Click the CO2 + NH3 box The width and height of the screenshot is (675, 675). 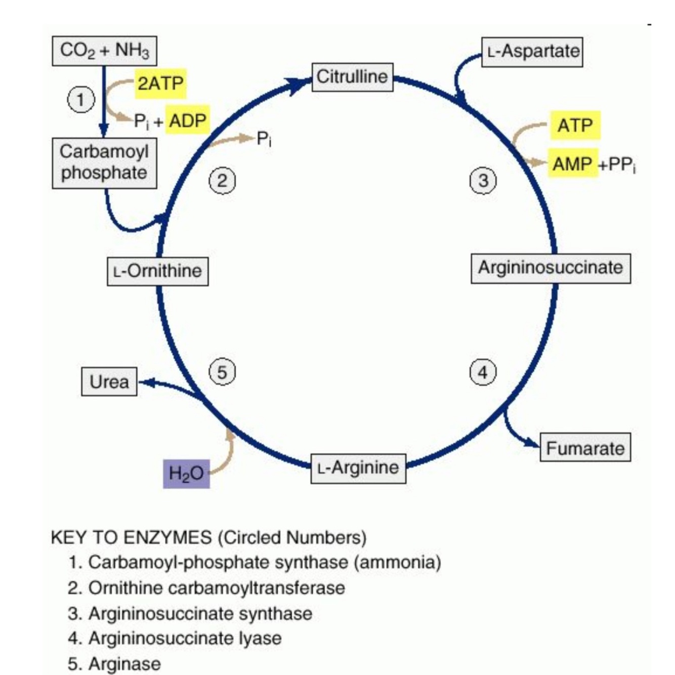point(104,51)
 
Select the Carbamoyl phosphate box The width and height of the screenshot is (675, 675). point(104,163)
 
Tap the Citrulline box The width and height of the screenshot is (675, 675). point(352,77)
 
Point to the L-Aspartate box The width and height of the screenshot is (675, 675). point(532,52)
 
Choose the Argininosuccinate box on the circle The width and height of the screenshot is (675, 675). point(551,268)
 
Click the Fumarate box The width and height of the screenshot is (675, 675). point(585,448)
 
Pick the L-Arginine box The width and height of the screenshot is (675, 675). point(358,468)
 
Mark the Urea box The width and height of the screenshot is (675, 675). point(109,381)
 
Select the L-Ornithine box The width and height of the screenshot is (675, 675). point(158,271)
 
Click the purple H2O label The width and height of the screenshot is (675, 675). point(186,474)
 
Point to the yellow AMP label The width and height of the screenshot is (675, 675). point(572,163)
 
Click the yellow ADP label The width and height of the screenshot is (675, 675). point(188,121)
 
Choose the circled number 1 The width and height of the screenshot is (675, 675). point(81,99)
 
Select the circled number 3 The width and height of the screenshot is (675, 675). point(483,180)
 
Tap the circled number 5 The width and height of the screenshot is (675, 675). point(222,372)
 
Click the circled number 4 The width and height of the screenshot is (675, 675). point(483,372)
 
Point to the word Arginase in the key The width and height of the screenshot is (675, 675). point(124,663)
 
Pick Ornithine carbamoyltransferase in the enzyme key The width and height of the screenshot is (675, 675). point(217,588)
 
